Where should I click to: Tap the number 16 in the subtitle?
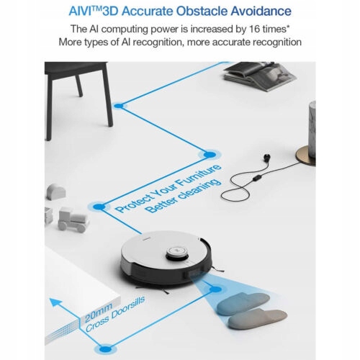click(x=255, y=29)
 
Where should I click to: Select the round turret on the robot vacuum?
click(x=176, y=253)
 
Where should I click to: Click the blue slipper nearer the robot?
click(x=243, y=303)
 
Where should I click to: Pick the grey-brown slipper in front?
click(x=257, y=318)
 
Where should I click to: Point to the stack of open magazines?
click(x=260, y=76)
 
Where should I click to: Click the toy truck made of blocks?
click(x=73, y=220)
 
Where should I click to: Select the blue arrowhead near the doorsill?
click(x=55, y=302)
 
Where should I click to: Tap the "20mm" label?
click(x=98, y=313)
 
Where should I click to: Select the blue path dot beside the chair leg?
click(x=118, y=106)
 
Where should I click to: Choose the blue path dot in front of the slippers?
click(x=215, y=289)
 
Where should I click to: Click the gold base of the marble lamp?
click(x=305, y=156)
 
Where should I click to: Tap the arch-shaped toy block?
click(x=56, y=192)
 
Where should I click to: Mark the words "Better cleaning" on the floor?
click(x=184, y=197)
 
